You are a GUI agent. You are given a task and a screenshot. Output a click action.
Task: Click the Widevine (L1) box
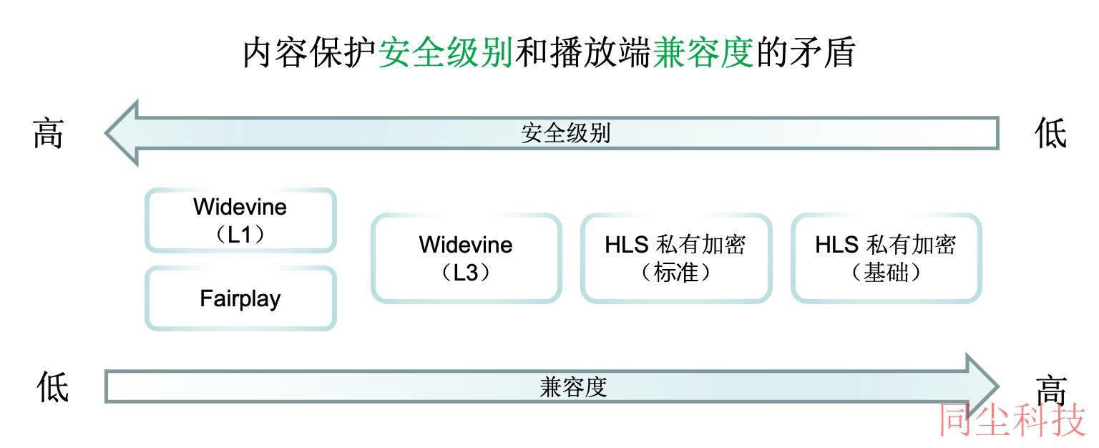pyautogui.click(x=240, y=220)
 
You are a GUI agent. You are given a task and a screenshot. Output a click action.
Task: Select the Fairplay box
pyautogui.click(x=240, y=298)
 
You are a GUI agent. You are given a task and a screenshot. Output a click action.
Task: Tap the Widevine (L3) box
pyautogui.click(x=466, y=258)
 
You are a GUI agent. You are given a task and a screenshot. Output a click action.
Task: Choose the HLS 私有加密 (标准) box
pyautogui.click(x=676, y=258)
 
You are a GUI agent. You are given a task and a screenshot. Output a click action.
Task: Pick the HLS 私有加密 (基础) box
pyautogui.click(x=886, y=258)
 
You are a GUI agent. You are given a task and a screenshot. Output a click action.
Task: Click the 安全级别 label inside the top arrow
pyautogui.click(x=566, y=133)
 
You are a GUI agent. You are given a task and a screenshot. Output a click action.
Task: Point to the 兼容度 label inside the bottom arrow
pyautogui.click(x=573, y=387)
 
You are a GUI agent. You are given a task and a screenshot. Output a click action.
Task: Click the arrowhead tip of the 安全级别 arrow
pyautogui.click(x=105, y=132)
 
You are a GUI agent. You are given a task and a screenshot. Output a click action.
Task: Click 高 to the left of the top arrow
pyautogui.click(x=48, y=133)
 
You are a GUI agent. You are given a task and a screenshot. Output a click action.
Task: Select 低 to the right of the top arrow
pyautogui.click(x=1050, y=133)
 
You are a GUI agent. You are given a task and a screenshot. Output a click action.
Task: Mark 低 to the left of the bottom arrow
pyautogui.click(x=52, y=386)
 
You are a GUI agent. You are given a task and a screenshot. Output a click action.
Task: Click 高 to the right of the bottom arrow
pyautogui.click(x=1051, y=390)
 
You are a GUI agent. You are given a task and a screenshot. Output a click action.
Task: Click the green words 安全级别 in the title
pyautogui.click(x=446, y=52)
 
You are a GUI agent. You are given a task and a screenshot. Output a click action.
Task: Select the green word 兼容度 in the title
pyautogui.click(x=703, y=52)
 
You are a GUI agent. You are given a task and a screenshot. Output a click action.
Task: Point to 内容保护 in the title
pyautogui.click(x=310, y=52)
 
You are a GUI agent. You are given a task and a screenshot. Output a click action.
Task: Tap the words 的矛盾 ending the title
pyautogui.click(x=806, y=52)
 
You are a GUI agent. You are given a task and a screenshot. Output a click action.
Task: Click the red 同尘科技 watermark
pyautogui.click(x=1012, y=419)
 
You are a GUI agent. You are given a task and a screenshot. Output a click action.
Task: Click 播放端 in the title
pyautogui.click(x=600, y=52)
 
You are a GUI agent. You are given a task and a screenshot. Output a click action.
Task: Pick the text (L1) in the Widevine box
pyautogui.click(x=240, y=234)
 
